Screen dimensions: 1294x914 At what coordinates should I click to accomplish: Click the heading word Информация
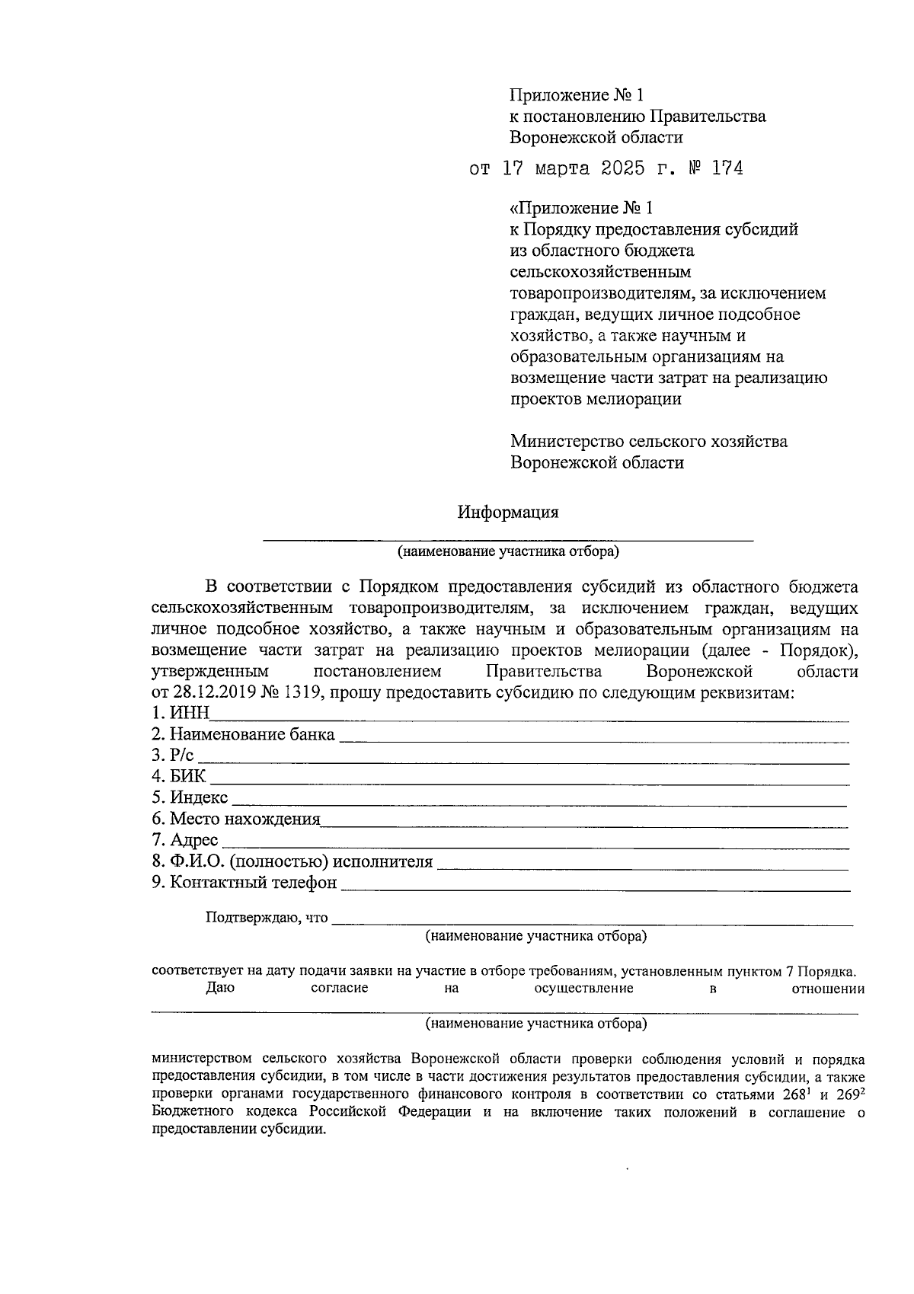(x=508, y=513)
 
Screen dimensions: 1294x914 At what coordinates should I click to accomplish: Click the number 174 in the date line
(x=727, y=168)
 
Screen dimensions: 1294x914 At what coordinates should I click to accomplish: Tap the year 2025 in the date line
(x=622, y=168)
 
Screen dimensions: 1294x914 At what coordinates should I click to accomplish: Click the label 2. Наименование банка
(x=243, y=735)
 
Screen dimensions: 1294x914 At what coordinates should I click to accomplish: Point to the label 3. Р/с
(x=173, y=756)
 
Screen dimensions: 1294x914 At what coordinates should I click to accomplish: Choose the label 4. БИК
(x=178, y=777)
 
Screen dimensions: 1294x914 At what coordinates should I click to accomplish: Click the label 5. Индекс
(x=190, y=797)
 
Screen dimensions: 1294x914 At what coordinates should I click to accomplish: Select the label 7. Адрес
(x=185, y=840)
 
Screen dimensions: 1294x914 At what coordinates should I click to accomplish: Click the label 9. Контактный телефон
(x=244, y=883)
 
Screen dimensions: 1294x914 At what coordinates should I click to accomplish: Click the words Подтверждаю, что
(x=267, y=918)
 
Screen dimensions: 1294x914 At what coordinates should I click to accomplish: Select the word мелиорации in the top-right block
(x=640, y=399)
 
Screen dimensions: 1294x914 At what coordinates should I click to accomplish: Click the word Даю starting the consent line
(x=220, y=989)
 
